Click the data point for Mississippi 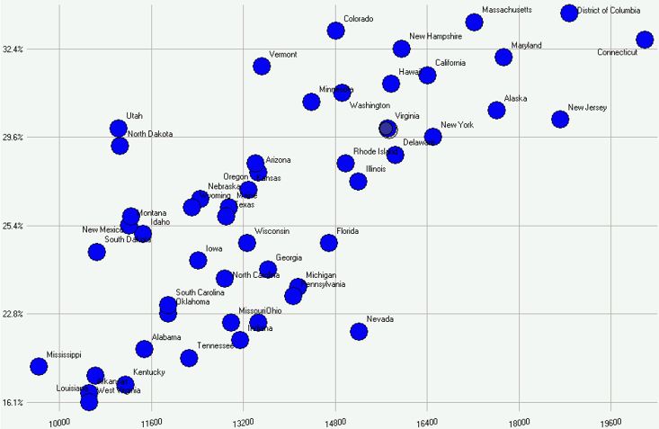point(39,366)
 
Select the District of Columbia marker point(569,13)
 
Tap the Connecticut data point point(645,40)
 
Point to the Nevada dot point(359,331)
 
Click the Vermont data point point(262,66)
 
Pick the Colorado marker point(335,31)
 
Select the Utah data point point(118,129)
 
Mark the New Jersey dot point(560,119)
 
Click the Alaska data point point(496,110)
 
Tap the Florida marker point(329,243)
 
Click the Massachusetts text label point(507,11)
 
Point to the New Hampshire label point(435,37)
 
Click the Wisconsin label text point(272,231)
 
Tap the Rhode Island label point(376,151)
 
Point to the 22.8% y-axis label point(13,314)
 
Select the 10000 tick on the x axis point(59,420)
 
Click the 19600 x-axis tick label point(610,420)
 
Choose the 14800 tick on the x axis point(335,420)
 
